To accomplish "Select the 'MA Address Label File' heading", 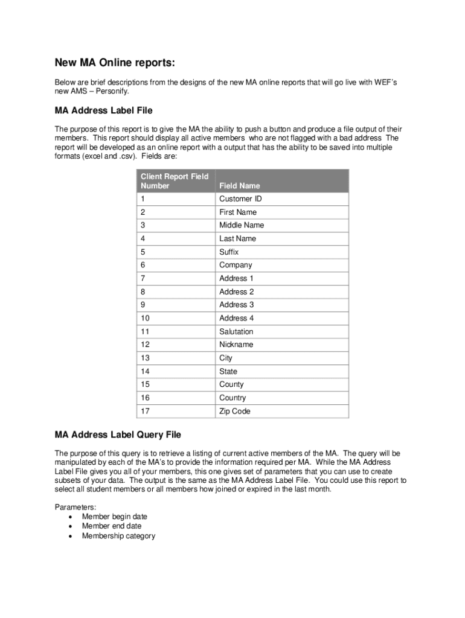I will [103, 110].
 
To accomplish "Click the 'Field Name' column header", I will [239, 186].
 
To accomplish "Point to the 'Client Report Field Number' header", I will [175, 181].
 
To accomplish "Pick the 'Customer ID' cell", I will [240, 199].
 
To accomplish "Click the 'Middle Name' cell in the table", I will [242, 225].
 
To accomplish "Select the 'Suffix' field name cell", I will [229, 252].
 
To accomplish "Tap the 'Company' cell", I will [236, 265].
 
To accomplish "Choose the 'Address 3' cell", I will [237, 305].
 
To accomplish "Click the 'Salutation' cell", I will [236, 331].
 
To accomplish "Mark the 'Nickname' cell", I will [236, 345].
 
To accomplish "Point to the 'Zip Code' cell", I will [234, 411].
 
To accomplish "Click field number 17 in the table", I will [145, 411].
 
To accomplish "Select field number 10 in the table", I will [145, 318].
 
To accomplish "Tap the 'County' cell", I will [231, 384].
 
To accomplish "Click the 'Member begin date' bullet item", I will [114, 517].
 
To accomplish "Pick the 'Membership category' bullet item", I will [118, 536].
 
